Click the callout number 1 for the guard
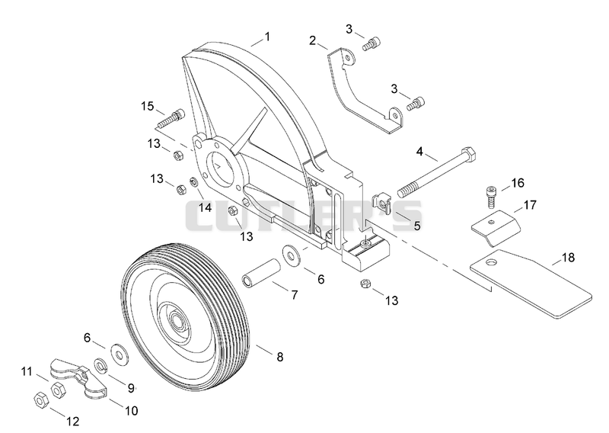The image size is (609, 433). (267, 37)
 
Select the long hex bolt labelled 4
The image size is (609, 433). (436, 172)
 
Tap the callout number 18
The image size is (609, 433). (568, 258)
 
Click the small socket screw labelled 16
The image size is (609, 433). (491, 197)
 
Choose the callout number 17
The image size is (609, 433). (530, 204)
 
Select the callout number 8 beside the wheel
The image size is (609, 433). (279, 357)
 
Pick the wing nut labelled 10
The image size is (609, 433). (78, 378)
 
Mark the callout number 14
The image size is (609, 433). (205, 208)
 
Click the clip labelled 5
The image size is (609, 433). (382, 203)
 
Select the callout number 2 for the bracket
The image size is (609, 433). (313, 40)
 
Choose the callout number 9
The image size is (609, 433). (131, 388)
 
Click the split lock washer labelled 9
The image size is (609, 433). (102, 366)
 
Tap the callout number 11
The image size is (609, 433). (27, 371)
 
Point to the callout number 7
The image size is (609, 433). (295, 295)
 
